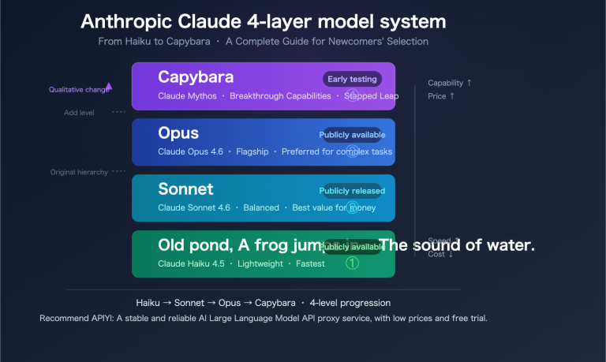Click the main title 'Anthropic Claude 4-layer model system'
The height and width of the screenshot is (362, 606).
coord(263,21)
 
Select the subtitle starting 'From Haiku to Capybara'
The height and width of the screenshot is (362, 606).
coord(263,41)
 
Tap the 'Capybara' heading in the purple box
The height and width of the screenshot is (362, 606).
coord(196,77)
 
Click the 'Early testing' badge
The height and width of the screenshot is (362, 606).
coord(352,79)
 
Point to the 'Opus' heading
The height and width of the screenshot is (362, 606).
coord(178,132)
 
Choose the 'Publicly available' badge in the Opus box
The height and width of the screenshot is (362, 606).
coord(352,135)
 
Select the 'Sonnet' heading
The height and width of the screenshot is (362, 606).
coord(185,189)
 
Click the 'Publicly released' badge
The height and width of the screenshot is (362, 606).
coord(352,191)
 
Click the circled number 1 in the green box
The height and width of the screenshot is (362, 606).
coord(353,263)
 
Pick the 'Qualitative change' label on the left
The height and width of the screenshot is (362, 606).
coord(77,90)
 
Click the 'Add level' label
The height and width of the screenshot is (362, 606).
coord(80,113)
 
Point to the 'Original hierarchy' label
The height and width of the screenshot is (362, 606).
coord(79,172)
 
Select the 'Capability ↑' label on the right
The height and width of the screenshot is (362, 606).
coord(450,83)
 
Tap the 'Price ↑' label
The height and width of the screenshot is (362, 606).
coord(441,96)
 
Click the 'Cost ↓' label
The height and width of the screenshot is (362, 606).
coord(440,254)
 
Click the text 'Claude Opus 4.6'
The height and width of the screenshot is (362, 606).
coord(190,151)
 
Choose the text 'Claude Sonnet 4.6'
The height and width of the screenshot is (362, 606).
coord(194,207)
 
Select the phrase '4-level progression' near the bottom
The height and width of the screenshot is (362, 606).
coord(350,303)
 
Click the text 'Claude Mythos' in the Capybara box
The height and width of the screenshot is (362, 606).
coord(186,95)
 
